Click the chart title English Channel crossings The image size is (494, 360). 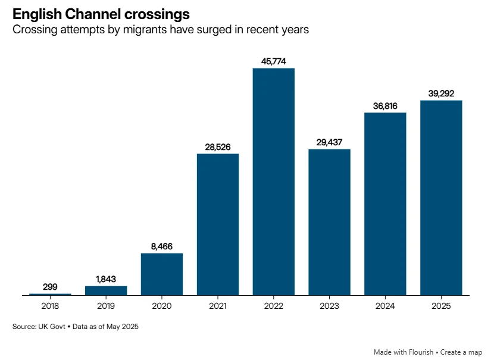coord(97,14)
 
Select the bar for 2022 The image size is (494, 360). coord(273,181)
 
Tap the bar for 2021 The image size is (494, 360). coord(217,224)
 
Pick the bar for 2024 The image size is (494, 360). coord(385,204)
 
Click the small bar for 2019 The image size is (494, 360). coord(106,290)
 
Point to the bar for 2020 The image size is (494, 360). coord(162,274)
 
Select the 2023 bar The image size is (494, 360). coord(329,222)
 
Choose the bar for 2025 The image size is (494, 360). coord(441,198)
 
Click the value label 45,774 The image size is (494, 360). coord(273,61)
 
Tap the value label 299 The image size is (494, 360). coord(50,287)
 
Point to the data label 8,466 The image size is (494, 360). coord(162,246)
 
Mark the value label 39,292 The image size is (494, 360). coord(441,93)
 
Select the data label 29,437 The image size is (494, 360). coord(329,142)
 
